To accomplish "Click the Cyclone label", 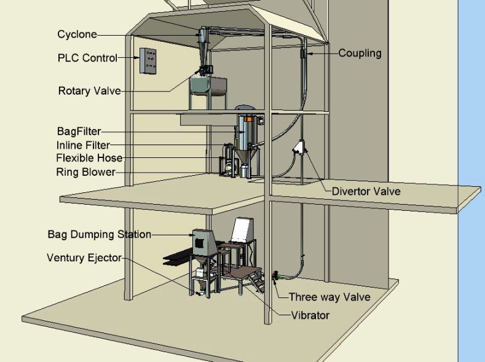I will [x=77, y=34].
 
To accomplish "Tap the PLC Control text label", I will [x=87, y=58].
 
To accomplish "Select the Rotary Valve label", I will [x=89, y=91].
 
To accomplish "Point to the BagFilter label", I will [x=79, y=132].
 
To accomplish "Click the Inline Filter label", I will [x=83, y=145].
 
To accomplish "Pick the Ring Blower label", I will [x=85, y=172].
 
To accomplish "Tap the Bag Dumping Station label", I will [x=99, y=234].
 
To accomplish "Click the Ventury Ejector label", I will [x=84, y=258].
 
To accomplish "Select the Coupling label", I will [x=360, y=53].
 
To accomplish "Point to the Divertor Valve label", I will [x=366, y=191].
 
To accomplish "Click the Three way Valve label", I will [x=329, y=297].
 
